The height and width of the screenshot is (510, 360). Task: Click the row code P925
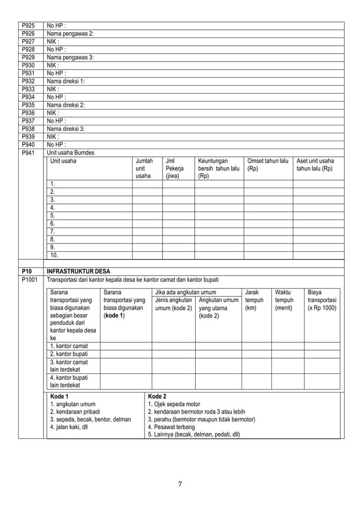[27, 25]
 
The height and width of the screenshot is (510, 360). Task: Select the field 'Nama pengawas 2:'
[70, 33]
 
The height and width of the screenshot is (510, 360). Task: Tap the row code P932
[27, 81]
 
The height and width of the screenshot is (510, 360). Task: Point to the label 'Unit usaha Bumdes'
[70, 152]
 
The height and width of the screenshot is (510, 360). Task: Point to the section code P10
[26, 271]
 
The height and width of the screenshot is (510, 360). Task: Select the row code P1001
[29, 279]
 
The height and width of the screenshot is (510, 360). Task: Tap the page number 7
[179, 483]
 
